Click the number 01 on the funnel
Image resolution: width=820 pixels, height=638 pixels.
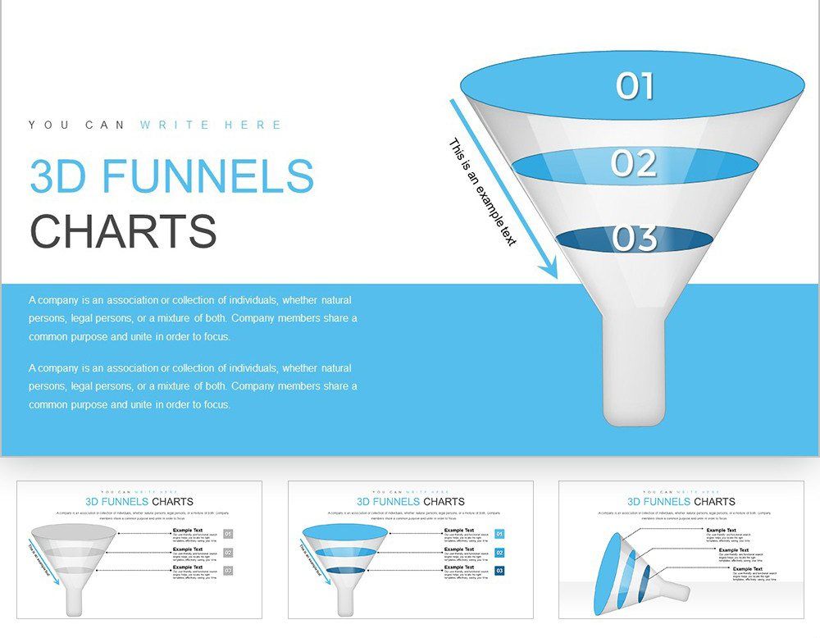635,85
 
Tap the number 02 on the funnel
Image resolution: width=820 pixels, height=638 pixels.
634,163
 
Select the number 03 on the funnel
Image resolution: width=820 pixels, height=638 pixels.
634,238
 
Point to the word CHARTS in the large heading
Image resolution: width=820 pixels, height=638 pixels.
123,231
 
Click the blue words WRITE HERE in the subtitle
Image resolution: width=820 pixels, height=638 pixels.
211,125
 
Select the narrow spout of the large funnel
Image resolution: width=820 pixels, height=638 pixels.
633,369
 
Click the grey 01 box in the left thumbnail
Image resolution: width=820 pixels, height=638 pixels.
228,534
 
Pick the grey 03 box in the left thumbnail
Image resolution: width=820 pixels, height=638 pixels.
228,571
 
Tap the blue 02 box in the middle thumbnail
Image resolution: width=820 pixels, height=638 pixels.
499,552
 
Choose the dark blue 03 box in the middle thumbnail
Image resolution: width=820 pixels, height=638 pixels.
499,571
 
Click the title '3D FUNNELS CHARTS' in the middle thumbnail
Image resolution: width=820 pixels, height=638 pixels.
410,501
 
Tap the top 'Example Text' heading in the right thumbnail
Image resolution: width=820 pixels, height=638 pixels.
722,530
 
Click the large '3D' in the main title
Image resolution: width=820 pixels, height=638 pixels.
57,176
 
